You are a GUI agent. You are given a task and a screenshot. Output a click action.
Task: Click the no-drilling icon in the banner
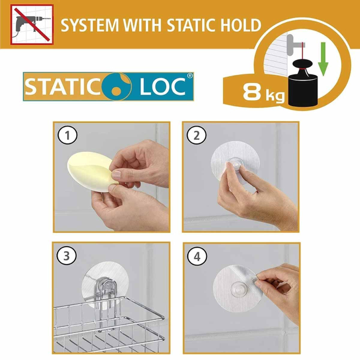click(32, 25)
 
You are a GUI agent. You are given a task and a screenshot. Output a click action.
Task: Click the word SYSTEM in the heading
click(90, 25)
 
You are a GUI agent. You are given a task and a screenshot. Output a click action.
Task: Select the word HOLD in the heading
click(239, 25)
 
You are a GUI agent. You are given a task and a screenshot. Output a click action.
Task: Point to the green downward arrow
click(323, 59)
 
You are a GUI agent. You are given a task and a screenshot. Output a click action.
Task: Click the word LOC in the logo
click(163, 86)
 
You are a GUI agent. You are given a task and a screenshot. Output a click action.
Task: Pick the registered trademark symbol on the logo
click(190, 76)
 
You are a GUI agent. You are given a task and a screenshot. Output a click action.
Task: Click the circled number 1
click(67, 135)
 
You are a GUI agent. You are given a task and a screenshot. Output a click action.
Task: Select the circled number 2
click(196, 136)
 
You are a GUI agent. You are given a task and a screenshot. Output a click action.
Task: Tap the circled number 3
click(67, 256)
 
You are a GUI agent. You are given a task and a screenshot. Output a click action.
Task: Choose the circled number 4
click(197, 256)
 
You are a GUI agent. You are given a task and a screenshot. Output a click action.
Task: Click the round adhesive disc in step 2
click(235, 158)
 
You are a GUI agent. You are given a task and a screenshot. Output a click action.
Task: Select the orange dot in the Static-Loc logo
click(116, 91)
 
